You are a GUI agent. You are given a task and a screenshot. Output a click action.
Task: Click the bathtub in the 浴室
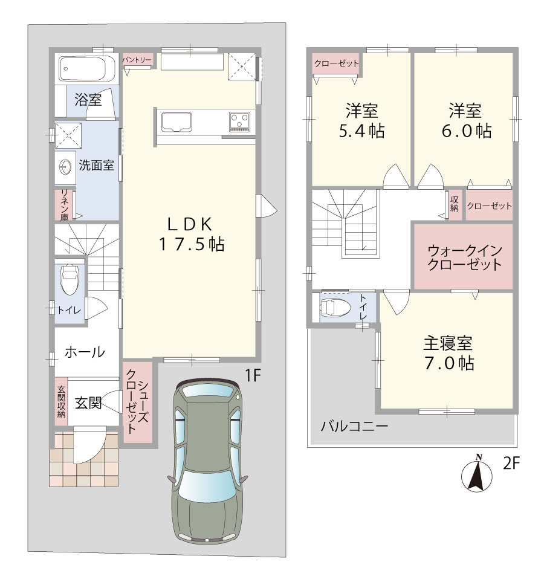coord(88,69)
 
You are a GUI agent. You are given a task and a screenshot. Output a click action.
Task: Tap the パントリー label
coord(137,59)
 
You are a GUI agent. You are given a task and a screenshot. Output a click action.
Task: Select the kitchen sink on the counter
coord(176,121)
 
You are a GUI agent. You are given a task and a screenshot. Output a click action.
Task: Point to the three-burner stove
coord(240,121)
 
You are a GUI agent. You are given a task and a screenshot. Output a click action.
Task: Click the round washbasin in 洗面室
coord(66,167)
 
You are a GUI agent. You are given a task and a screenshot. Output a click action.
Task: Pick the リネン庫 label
coord(64,205)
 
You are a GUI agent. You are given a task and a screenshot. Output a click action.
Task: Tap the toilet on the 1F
coord(70,279)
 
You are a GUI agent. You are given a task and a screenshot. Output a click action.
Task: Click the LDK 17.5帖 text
coord(191,234)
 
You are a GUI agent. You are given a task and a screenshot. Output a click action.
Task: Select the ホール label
coord(85,352)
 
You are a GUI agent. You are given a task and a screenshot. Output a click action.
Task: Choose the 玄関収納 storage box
coord(61,401)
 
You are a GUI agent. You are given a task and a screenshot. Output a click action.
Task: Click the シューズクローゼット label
coord(137,402)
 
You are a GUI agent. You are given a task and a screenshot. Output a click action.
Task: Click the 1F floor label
coord(253,375)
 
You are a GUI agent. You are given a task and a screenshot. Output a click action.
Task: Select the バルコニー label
coord(354,427)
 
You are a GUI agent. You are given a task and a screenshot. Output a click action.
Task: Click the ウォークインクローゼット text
coord(465,257)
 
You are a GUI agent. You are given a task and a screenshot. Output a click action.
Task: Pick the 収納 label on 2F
coord(455,204)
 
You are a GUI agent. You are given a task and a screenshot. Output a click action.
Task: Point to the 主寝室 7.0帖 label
coord(448,353)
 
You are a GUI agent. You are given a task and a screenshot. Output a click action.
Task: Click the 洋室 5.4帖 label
coord(361,121)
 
